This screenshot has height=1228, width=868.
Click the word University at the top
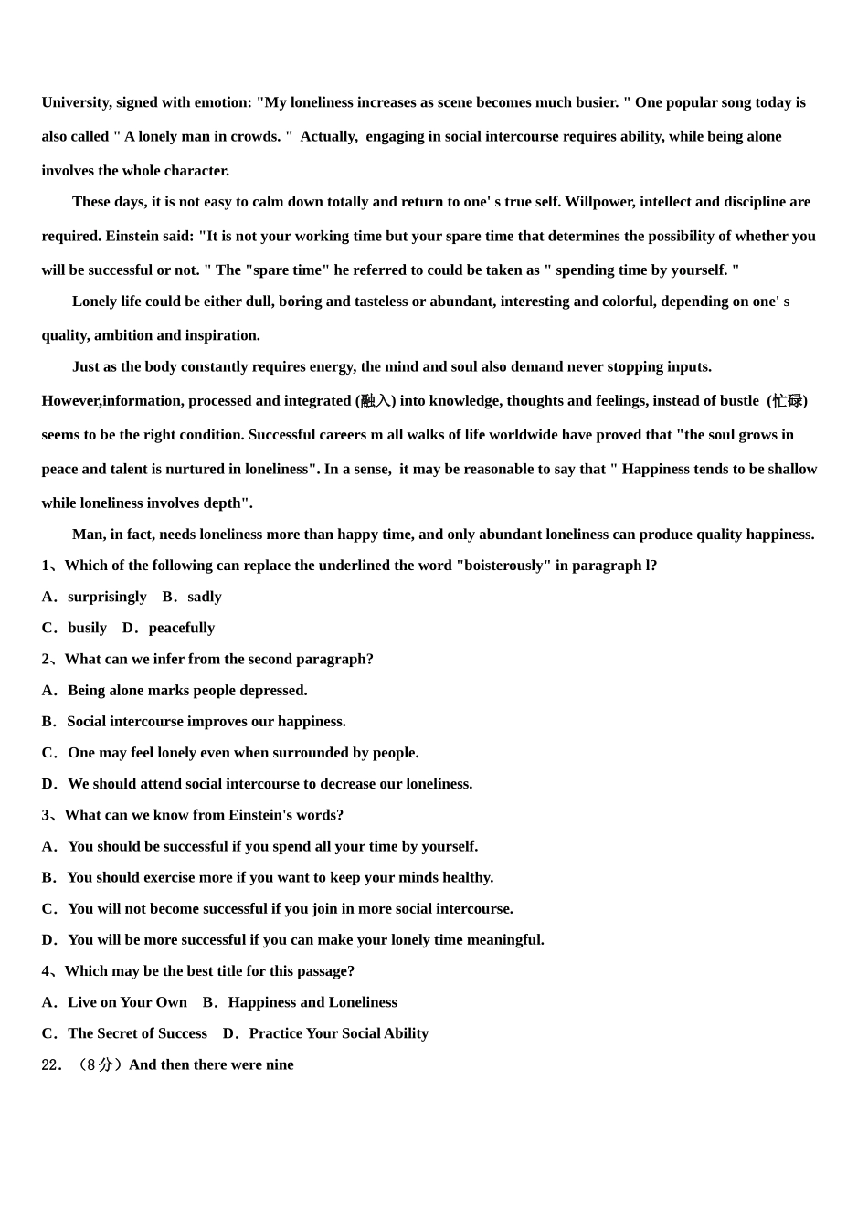77,102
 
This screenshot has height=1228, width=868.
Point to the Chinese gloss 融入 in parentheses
376,401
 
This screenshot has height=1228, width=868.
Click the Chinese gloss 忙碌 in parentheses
787,401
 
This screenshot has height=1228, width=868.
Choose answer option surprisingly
107,597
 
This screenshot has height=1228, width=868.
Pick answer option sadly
205,597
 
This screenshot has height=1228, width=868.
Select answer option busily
87,628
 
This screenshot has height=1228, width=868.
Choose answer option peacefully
182,628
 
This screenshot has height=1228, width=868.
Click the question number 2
46,659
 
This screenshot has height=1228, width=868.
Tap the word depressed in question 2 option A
272,690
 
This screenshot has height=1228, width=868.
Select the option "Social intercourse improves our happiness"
206,721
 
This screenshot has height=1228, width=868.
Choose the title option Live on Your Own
127,1002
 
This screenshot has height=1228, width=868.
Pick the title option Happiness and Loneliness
312,1002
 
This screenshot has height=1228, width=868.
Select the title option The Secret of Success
137,1033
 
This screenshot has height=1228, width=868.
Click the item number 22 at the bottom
52,1064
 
